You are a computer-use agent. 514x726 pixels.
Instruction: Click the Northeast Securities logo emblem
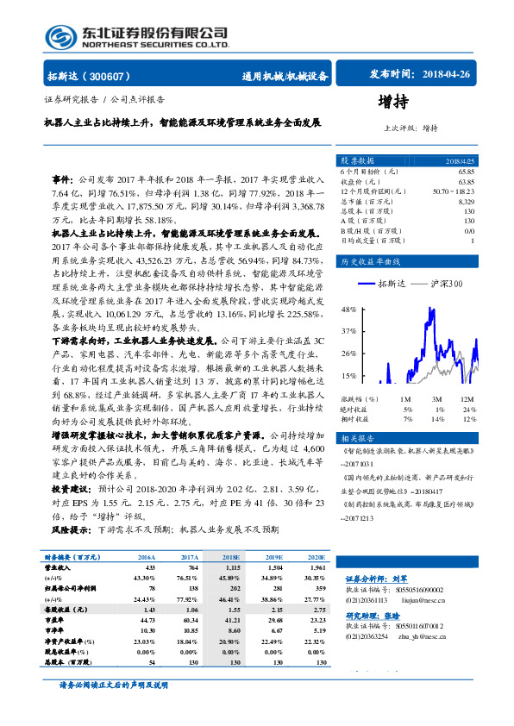click(60, 34)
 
